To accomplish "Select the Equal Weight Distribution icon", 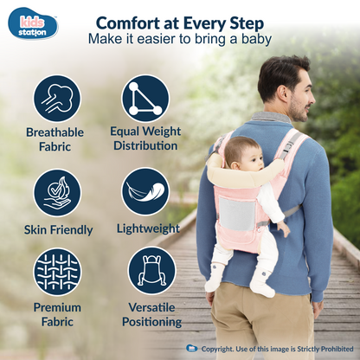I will [145, 99].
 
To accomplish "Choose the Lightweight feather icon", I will [145, 192].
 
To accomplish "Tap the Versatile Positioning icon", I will [151, 271].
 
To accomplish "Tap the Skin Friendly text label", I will [58, 229].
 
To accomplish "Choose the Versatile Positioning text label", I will [151, 314].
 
